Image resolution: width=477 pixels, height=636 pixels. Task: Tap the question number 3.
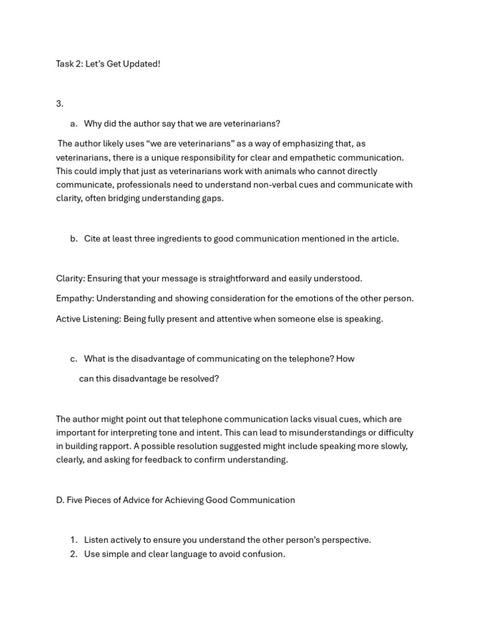(x=60, y=104)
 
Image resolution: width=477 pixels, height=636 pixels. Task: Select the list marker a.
(x=74, y=124)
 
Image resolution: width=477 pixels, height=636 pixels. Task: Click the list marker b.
(x=74, y=238)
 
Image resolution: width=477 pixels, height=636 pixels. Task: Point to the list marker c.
(x=74, y=358)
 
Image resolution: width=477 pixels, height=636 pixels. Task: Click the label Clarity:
(x=70, y=278)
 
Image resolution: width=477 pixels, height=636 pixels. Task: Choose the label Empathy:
(x=75, y=298)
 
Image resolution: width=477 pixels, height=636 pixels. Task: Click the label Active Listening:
(x=88, y=319)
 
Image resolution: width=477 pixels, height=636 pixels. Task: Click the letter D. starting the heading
(x=60, y=500)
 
